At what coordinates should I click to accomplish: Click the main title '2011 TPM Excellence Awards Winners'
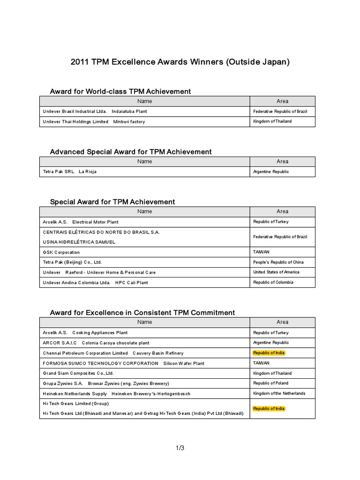(x=180, y=62)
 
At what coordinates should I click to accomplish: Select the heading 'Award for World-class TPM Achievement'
(x=120, y=91)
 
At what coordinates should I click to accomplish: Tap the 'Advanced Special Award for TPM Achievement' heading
(x=131, y=151)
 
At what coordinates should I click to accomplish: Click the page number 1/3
(x=180, y=448)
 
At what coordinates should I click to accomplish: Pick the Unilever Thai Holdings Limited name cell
(x=94, y=122)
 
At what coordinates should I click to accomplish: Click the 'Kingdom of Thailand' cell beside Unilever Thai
(x=272, y=121)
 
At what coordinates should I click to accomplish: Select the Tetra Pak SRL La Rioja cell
(x=70, y=172)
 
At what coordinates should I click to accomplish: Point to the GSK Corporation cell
(x=61, y=252)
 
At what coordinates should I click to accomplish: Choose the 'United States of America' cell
(x=276, y=272)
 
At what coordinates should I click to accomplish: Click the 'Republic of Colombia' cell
(x=273, y=282)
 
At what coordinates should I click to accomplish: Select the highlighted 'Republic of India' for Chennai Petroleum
(x=269, y=353)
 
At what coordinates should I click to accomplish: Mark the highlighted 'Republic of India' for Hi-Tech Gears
(x=269, y=409)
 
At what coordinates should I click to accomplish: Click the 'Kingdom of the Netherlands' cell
(x=279, y=393)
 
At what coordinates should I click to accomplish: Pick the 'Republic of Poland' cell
(x=271, y=383)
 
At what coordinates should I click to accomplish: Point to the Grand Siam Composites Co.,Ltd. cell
(x=78, y=373)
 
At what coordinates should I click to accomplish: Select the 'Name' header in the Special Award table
(x=145, y=211)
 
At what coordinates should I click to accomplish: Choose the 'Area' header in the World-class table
(x=282, y=101)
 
